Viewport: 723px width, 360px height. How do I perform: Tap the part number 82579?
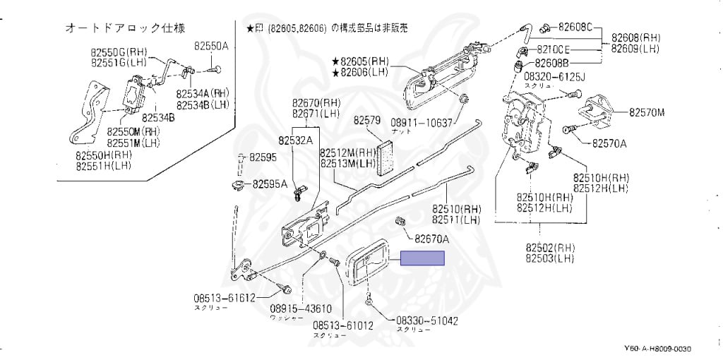coord(367,120)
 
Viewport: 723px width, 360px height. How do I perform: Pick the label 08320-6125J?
coord(555,75)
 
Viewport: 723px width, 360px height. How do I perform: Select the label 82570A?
coord(609,143)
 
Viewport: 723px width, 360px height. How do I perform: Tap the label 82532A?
coord(295,140)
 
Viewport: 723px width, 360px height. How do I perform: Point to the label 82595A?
coord(270,184)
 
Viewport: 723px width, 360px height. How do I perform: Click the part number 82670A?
coord(432,238)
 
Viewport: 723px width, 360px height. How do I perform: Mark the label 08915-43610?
coord(300,308)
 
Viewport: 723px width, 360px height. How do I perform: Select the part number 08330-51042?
coord(426,320)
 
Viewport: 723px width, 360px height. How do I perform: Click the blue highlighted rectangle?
coord(423,258)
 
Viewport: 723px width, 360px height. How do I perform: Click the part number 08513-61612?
coord(225,297)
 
